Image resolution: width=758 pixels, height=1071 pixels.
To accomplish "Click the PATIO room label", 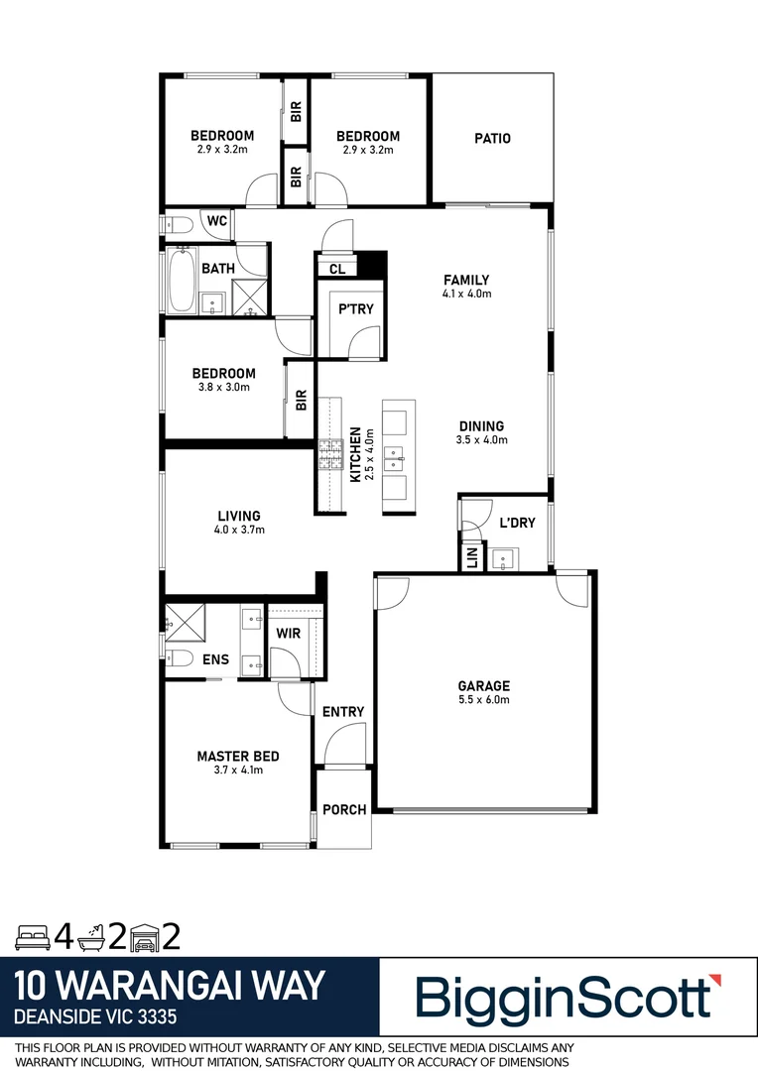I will coord(492,139).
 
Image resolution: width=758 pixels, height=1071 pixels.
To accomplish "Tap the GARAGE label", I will coord(483,686).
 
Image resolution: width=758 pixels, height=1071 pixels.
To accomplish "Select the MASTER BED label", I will coord(237,757).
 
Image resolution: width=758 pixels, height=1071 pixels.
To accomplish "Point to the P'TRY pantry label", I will coord(356,309).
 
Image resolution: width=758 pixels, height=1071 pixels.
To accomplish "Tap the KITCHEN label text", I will coord(355,455).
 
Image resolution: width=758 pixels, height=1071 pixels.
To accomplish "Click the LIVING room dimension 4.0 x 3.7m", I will coord(239,530).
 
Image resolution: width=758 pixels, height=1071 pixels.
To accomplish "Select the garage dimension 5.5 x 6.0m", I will coord(483,700).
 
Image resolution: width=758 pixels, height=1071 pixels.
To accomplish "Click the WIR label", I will coord(289,633).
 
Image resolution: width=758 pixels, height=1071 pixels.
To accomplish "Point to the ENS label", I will coord(216,658).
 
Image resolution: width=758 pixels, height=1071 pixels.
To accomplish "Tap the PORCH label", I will coord(344,810).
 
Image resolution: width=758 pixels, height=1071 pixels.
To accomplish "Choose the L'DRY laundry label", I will coord(517,523).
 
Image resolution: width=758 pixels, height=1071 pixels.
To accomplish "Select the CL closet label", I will coord(336,268).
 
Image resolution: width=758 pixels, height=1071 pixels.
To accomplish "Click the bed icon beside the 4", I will coord(33,934).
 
